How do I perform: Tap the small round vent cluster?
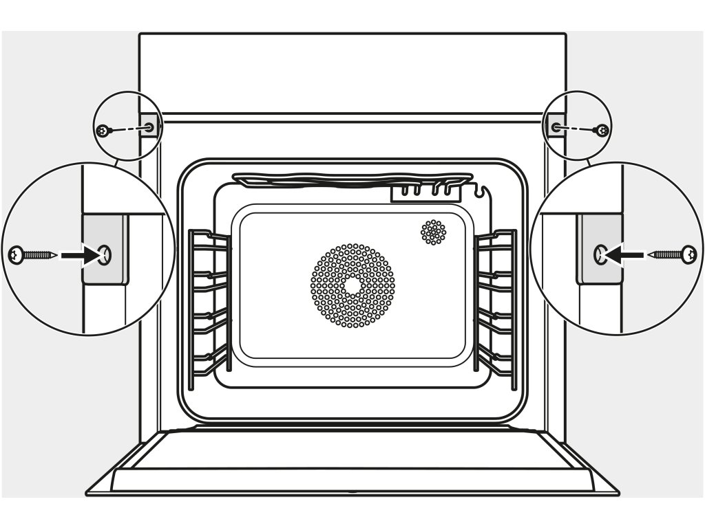[x=433, y=232]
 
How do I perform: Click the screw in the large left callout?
[x=31, y=256]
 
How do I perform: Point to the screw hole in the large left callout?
[x=105, y=256]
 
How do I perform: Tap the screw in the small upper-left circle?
[x=103, y=130]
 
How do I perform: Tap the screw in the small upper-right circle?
[x=602, y=129]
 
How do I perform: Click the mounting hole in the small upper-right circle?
[x=556, y=126]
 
